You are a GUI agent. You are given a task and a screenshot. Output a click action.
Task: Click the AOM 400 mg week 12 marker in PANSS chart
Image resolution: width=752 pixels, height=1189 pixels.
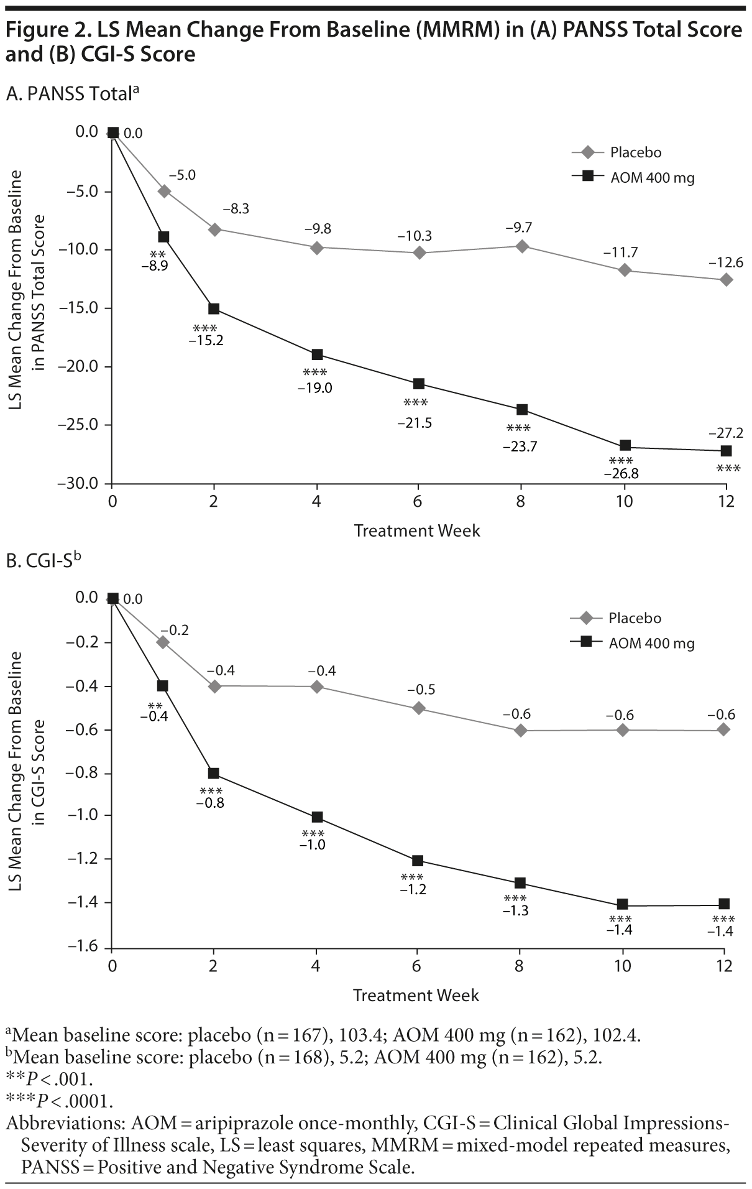[726, 450]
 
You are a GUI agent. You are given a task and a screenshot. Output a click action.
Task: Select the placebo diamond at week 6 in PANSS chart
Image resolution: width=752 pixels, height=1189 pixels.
[419, 252]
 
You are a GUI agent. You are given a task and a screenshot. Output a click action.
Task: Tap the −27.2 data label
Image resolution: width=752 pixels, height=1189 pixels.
[726, 433]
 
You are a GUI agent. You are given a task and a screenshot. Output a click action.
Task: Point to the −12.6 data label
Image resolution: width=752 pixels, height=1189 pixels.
[726, 262]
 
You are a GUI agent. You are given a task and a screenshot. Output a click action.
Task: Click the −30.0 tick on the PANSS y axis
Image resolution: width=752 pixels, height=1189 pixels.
[78, 484]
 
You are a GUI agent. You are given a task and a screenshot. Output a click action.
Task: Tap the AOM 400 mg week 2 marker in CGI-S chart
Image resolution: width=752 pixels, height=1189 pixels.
[214, 773]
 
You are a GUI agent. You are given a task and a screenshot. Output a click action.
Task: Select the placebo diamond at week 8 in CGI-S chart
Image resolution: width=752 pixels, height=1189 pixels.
[521, 730]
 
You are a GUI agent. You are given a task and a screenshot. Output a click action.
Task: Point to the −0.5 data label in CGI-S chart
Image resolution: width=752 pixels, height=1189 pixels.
[421, 689]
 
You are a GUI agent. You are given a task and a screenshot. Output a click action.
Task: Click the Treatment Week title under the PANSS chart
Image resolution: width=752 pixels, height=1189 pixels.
[417, 530]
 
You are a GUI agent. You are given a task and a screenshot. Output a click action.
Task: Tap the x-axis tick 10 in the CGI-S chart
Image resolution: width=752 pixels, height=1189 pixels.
[623, 966]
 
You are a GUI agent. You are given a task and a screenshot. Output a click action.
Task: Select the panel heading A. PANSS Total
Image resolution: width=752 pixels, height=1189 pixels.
[72, 94]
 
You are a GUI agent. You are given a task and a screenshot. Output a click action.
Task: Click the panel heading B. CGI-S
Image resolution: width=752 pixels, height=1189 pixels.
[44, 561]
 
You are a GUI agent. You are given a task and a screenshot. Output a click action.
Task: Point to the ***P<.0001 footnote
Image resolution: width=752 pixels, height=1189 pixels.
[60, 1101]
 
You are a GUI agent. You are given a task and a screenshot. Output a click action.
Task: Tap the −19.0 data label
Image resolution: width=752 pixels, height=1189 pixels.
[315, 389]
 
